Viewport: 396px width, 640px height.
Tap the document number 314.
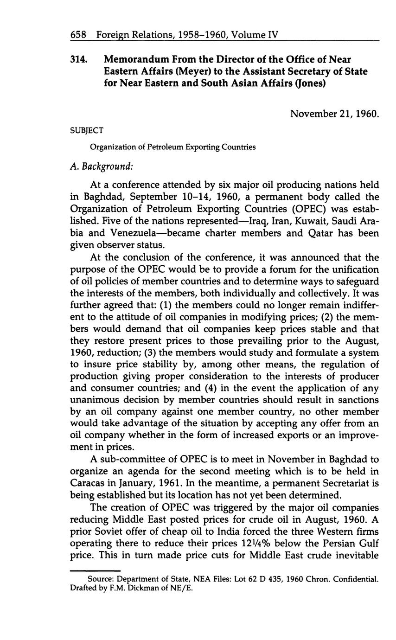tap(79, 59)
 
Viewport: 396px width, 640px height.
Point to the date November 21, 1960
tap(334, 113)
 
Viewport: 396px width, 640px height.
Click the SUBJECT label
tap(87, 131)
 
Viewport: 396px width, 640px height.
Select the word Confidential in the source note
tap(357, 579)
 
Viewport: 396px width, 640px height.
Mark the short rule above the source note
tap(95, 570)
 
